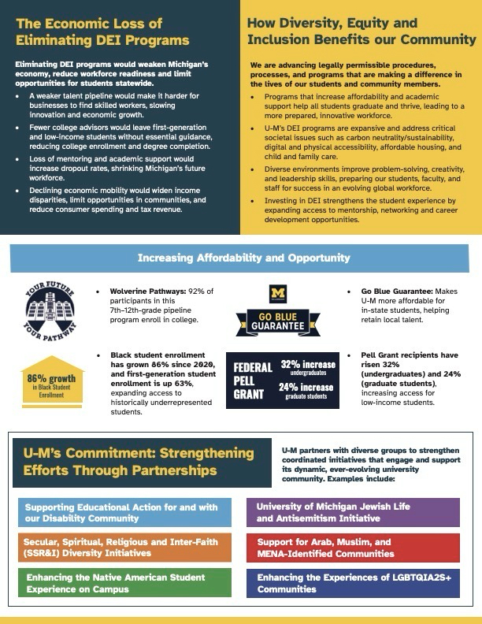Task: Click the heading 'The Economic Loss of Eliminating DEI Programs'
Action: (102, 32)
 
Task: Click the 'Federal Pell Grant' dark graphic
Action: (283, 380)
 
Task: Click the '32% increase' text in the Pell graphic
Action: (308, 366)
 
